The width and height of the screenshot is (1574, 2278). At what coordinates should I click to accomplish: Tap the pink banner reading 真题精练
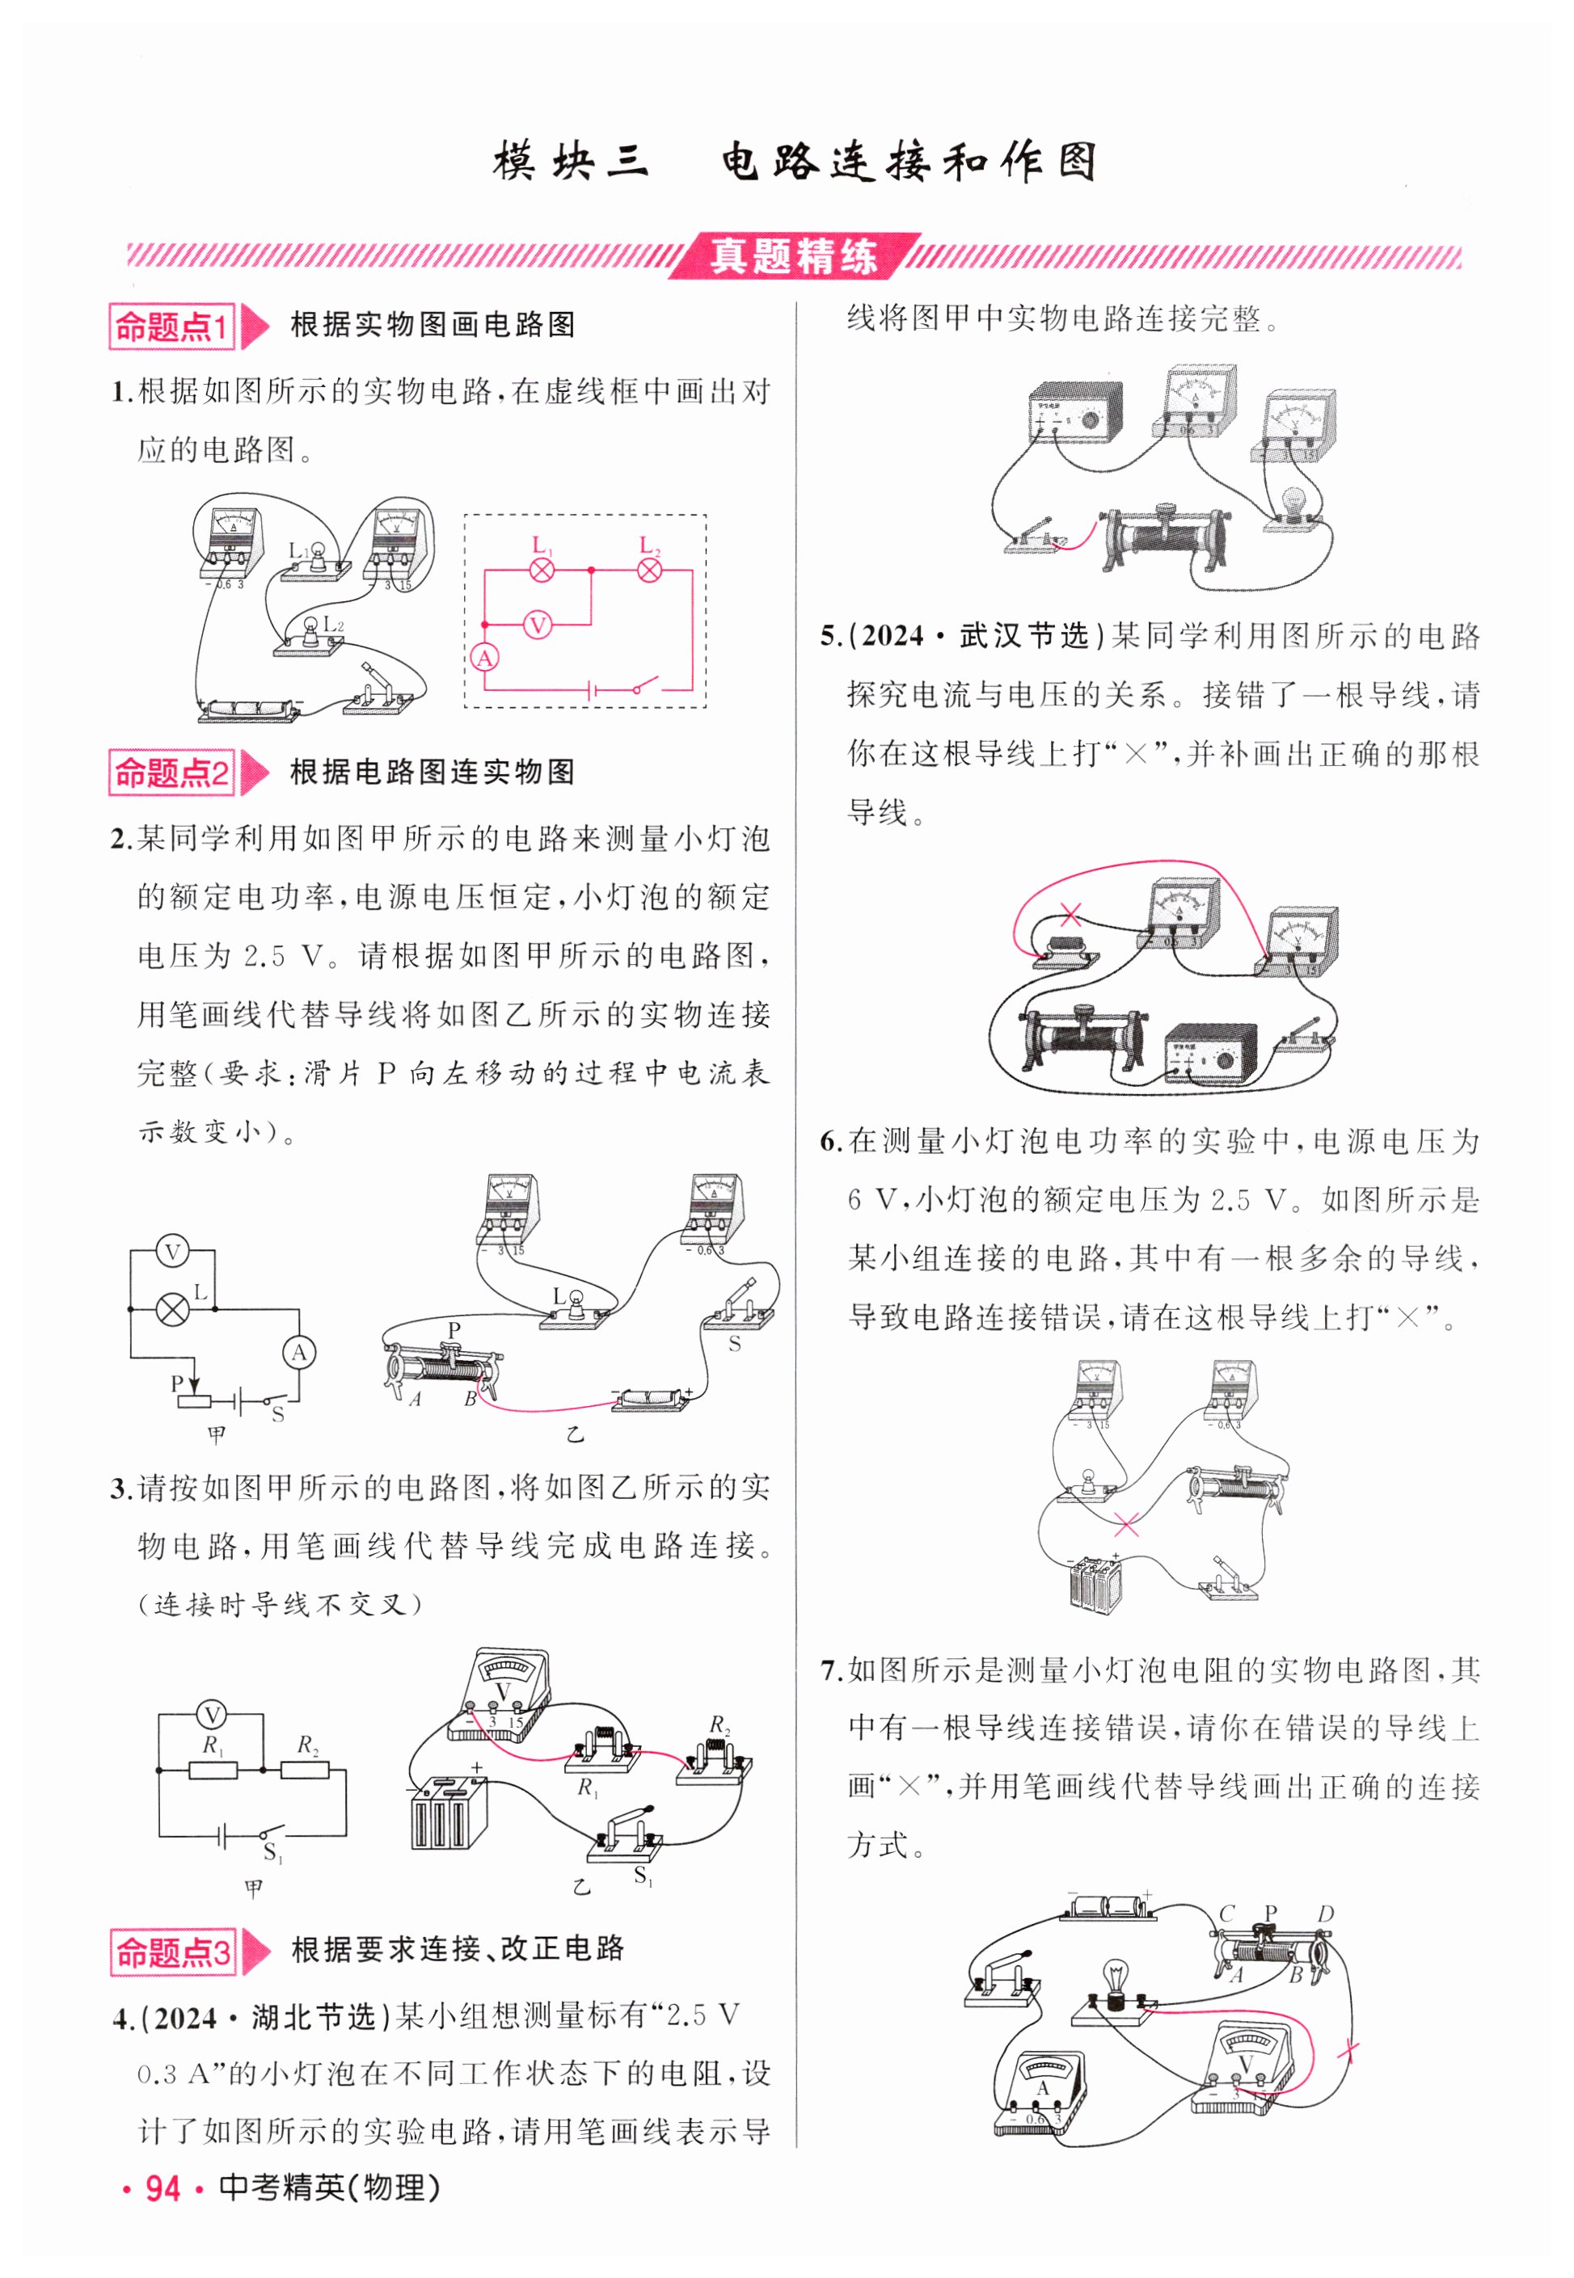click(x=794, y=256)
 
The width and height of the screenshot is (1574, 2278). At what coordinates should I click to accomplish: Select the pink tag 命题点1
click(x=171, y=326)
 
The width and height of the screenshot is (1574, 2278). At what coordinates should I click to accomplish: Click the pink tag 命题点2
click(x=171, y=773)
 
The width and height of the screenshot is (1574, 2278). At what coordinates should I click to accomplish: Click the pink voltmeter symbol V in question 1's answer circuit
click(x=538, y=625)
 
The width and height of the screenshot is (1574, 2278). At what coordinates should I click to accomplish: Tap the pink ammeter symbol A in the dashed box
click(x=484, y=658)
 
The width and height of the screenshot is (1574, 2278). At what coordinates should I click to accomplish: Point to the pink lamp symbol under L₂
click(x=649, y=570)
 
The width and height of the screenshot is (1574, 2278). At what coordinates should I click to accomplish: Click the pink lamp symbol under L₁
click(x=542, y=570)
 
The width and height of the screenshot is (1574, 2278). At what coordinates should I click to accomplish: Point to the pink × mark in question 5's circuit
click(x=1070, y=915)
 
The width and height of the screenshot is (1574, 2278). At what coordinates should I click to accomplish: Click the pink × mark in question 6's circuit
click(x=1125, y=1524)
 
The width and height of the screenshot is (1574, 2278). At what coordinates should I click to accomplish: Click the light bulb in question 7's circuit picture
click(x=1116, y=1981)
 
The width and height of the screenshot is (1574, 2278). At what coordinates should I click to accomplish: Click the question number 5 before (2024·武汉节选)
click(x=829, y=638)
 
